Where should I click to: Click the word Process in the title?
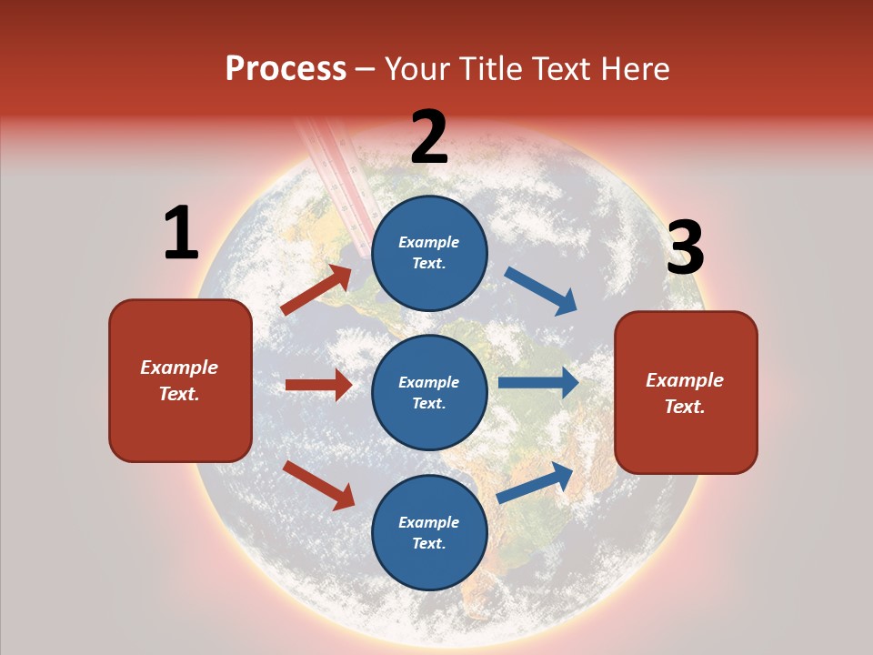coord(286,69)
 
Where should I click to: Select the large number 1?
coord(181,234)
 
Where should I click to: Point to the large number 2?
coord(429,137)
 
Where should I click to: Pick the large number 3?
coord(685,247)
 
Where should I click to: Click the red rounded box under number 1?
coord(180,380)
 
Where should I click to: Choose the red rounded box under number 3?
coord(686,392)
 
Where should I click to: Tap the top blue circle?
coord(429,252)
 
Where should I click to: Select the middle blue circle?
coord(429,392)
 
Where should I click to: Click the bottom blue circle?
coord(429,532)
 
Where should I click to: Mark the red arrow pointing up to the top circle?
coord(316,290)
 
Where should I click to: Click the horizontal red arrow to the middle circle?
coord(318,385)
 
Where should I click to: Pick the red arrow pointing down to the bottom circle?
coord(318,484)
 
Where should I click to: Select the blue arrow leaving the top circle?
coord(541,291)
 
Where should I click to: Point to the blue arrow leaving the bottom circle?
coord(535,482)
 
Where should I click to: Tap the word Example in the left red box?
coord(179,368)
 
